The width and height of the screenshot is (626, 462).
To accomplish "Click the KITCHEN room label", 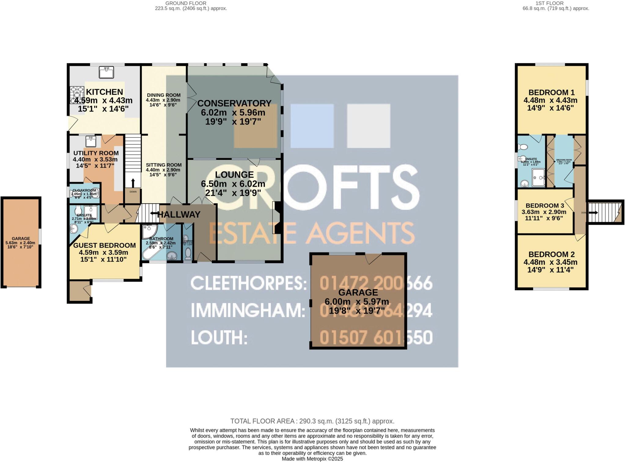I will [x=104, y=92].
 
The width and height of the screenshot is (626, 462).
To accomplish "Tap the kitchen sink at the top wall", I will [x=106, y=72].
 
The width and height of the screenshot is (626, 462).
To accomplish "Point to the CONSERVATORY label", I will [x=234, y=103].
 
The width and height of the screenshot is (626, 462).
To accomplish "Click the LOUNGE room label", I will [x=234, y=175].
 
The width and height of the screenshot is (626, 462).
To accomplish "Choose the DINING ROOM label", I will [x=164, y=95].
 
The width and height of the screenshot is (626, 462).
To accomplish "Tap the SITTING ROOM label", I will [x=164, y=165].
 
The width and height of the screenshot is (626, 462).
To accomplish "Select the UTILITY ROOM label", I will [x=96, y=153].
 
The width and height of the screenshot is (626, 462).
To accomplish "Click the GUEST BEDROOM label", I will [x=104, y=245].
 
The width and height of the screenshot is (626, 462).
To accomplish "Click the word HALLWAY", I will [x=179, y=215].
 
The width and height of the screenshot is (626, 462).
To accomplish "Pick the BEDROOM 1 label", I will [x=551, y=92].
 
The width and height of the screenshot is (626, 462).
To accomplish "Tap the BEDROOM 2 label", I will [x=551, y=254].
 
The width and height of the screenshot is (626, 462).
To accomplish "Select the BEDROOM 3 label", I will [x=544, y=206].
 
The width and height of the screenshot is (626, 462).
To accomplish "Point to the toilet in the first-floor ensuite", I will [x=523, y=147].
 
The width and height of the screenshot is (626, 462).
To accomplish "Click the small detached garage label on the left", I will [x=21, y=238].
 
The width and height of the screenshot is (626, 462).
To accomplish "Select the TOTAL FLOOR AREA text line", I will [x=312, y=421].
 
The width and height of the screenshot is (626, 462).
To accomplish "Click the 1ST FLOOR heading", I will [x=556, y=3].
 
